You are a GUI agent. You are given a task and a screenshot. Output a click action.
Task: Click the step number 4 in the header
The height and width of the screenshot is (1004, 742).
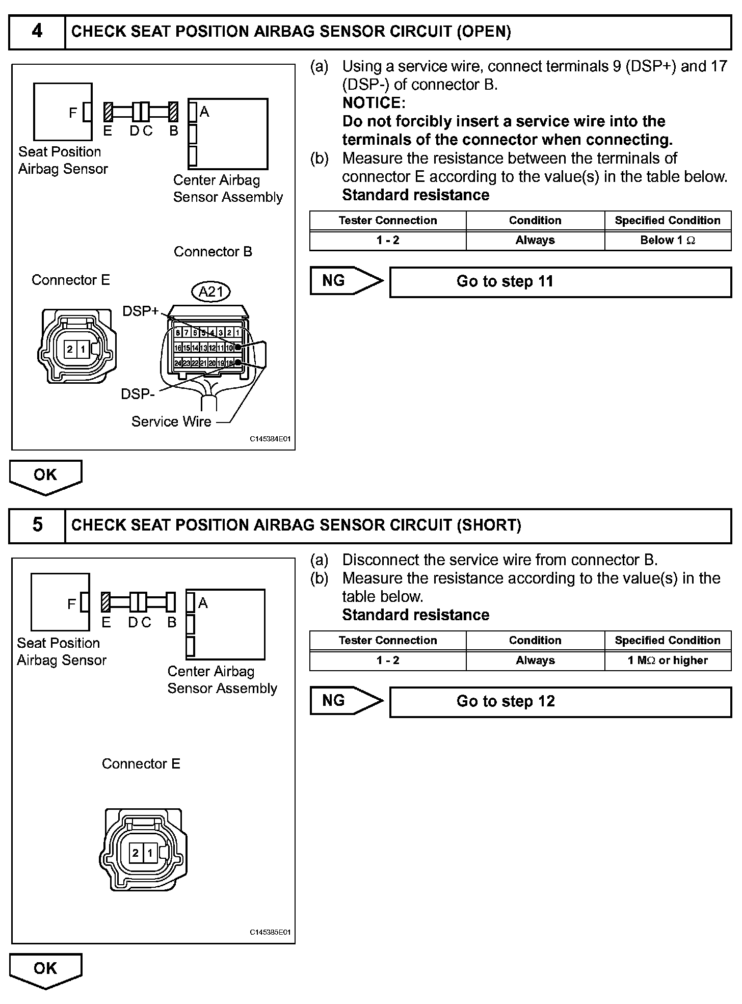[x=37, y=32]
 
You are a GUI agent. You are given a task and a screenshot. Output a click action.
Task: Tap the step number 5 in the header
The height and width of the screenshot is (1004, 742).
[x=37, y=525]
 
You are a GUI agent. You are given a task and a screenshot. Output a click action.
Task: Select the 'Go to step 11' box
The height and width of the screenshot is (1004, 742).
[x=560, y=282]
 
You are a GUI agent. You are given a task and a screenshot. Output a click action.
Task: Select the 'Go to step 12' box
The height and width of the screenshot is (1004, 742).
[x=560, y=702]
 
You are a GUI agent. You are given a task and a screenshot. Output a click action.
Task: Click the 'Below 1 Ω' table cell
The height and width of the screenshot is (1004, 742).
[x=668, y=241]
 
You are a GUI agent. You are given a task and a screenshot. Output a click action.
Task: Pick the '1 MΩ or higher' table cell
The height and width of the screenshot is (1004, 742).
[x=668, y=660]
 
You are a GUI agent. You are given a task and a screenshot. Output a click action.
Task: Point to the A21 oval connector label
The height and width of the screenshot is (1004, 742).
[x=211, y=292]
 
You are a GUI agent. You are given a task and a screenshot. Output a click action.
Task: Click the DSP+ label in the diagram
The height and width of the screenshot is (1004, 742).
[x=141, y=311]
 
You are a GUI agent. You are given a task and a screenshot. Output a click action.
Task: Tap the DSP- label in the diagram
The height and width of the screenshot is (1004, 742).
[x=138, y=394]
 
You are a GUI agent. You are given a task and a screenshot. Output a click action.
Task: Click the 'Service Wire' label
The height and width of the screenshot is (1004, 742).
[x=171, y=421]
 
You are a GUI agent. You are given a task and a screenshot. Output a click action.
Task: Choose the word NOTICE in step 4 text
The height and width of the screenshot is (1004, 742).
[x=374, y=103]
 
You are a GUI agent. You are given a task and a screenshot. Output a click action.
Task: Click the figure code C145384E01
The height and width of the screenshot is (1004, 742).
[x=270, y=439]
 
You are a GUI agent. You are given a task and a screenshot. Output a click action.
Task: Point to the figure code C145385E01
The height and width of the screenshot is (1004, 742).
[x=270, y=932]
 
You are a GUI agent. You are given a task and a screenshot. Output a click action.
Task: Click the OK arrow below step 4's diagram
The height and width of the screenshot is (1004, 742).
[x=45, y=476]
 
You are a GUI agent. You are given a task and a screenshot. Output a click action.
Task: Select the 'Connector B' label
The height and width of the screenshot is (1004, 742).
[x=213, y=252]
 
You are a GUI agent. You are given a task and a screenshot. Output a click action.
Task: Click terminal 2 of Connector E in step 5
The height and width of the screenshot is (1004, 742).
[x=136, y=853]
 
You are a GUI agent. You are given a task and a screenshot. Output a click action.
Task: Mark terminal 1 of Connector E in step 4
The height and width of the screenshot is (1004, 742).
[x=83, y=350]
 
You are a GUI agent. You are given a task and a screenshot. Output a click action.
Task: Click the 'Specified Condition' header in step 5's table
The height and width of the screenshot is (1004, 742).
[x=668, y=641]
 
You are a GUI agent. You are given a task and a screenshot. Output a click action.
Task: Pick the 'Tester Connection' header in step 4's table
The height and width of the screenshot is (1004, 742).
[x=388, y=221]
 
